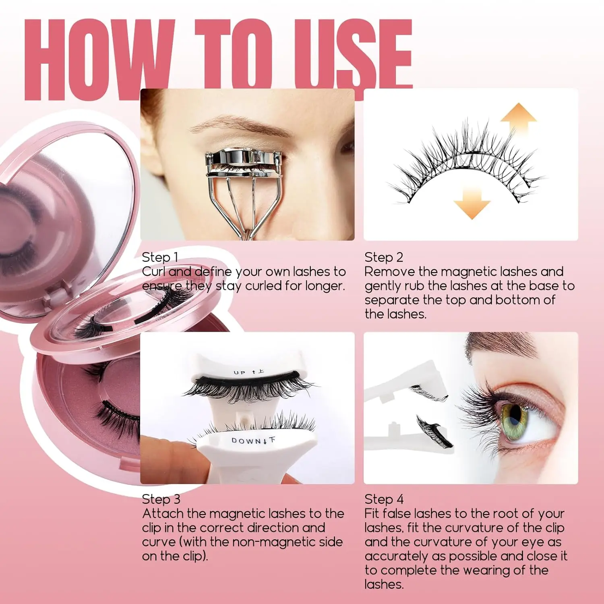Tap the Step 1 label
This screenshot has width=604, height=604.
(x=160, y=257)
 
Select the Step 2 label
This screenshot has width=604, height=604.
(x=383, y=257)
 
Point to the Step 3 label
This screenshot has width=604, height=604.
(x=161, y=499)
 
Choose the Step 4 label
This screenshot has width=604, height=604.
(x=384, y=499)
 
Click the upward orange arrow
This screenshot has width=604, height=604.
(x=518, y=117)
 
